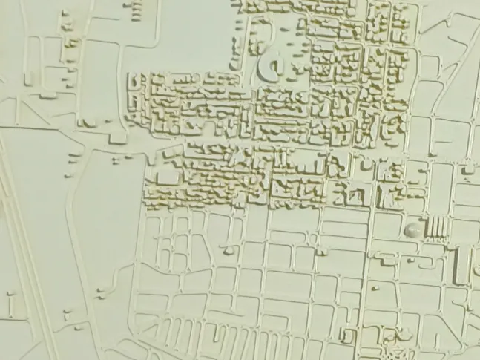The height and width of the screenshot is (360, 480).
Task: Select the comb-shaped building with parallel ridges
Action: [436, 226]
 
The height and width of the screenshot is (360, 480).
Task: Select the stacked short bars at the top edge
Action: [136, 9]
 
